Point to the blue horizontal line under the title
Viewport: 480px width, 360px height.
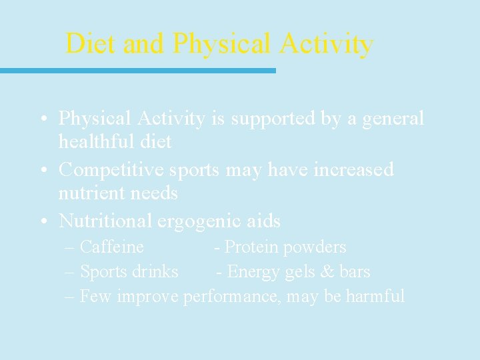[x=137, y=70]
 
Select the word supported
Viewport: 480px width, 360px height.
[x=270, y=119]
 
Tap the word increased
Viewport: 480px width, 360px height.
[x=353, y=170]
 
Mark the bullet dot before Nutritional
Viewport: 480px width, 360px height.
[x=42, y=221]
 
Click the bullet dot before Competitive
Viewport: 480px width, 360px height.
[x=42, y=170]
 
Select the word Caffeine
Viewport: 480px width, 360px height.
[x=111, y=247]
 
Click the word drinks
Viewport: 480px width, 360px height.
[x=155, y=272]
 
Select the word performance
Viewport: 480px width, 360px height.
[x=231, y=297]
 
